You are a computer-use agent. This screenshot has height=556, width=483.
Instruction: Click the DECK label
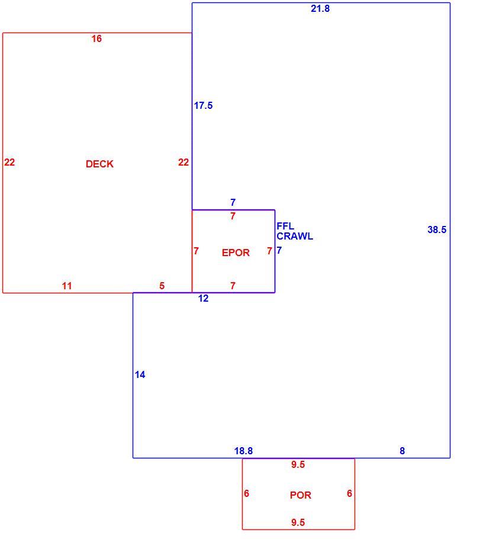tap(99, 164)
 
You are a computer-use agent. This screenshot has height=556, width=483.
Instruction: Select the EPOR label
tap(236, 253)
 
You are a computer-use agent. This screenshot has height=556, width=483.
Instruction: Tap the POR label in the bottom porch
tap(300, 495)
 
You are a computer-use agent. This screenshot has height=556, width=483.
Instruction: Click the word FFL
tap(285, 226)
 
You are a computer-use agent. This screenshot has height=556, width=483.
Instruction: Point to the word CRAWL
tap(295, 236)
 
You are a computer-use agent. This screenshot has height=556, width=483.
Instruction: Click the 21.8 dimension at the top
tap(320, 8)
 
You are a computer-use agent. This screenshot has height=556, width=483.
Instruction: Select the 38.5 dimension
tap(437, 229)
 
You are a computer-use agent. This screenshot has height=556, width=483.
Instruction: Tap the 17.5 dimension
tap(203, 105)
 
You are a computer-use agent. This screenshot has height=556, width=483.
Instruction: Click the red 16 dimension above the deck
tap(96, 38)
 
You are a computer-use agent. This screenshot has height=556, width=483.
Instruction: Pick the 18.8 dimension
tap(243, 451)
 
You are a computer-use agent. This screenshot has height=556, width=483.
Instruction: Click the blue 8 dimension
tap(402, 451)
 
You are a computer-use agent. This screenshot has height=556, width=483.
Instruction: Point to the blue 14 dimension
tap(140, 374)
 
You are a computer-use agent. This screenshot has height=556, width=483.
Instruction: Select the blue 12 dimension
tap(203, 298)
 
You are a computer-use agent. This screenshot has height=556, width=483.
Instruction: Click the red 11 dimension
tap(67, 286)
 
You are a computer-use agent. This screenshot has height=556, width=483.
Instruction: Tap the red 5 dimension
tap(162, 286)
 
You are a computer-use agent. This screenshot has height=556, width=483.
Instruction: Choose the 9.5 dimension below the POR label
tap(298, 522)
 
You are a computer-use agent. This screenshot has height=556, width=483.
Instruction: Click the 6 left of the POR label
tap(246, 493)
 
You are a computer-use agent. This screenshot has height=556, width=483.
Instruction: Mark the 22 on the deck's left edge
tap(9, 162)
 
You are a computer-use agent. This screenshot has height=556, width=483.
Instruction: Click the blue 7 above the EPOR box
tap(233, 202)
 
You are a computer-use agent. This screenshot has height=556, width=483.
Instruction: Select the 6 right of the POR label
tap(349, 493)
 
